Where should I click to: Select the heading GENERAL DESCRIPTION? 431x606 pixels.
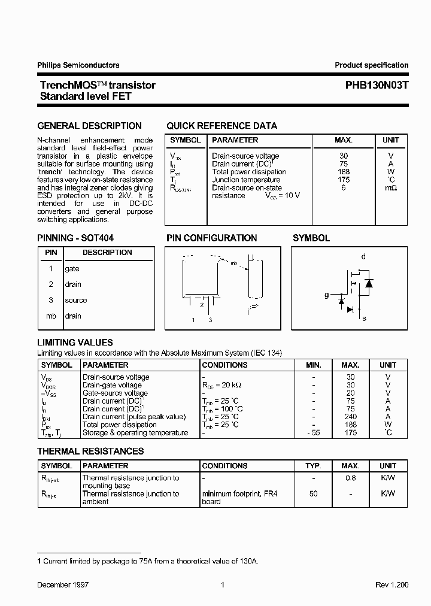point(90,126)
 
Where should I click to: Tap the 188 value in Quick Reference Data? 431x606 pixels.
point(344,172)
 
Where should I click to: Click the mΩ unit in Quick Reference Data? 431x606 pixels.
point(391,188)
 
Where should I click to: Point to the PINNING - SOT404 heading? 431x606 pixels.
point(75,238)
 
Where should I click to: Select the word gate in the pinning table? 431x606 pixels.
point(72,269)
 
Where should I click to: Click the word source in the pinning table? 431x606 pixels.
point(76,301)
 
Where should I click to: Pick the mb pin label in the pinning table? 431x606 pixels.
point(51,316)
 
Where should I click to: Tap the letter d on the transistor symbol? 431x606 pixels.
point(363,257)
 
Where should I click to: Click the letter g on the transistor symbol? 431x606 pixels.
point(326,295)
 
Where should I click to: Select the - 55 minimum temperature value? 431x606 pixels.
point(314,433)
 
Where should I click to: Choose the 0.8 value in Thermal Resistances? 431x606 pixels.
point(350,478)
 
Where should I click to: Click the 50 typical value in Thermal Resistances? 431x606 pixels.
point(314,494)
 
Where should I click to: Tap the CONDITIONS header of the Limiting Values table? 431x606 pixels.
point(225,365)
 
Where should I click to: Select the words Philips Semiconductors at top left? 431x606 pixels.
point(78,65)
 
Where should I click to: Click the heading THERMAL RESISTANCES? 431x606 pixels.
point(90,452)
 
